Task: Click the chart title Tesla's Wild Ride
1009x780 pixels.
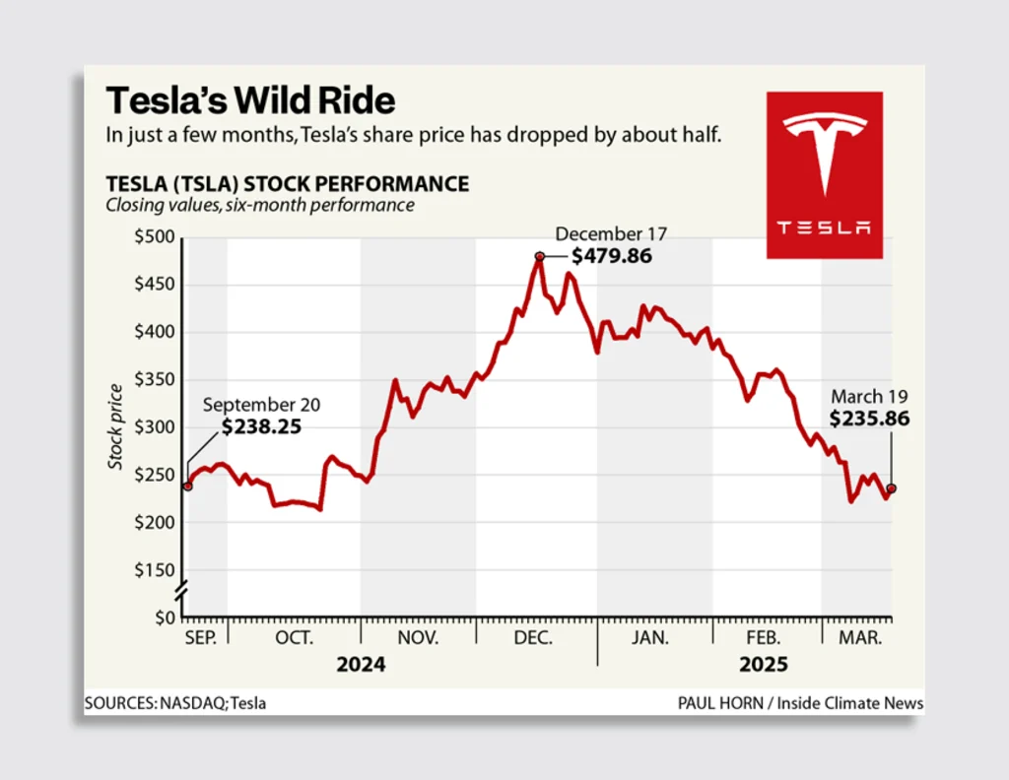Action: (x=250, y=100)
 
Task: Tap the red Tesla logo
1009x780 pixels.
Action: (x=825, y=175)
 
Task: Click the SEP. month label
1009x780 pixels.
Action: (x=200, y=638)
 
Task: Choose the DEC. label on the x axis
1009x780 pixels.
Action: (x=533, y=638)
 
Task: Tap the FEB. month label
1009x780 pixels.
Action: (x=765, y=638)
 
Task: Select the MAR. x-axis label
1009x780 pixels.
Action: (x=859, y=638)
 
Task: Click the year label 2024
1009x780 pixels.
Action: (x=361, y=665)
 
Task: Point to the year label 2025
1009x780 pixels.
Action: (x=764, y=665)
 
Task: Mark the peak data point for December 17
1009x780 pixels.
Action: (x=540, y=257)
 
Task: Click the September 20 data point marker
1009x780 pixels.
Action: (x=187, y=486)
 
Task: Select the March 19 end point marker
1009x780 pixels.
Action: (x=892, y=488)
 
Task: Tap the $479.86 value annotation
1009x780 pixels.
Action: (x=612, y=256)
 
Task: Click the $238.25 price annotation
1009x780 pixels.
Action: (x=261, y=427)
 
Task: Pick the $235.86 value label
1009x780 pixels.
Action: (x=869, y=419)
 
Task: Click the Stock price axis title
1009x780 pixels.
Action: (x=117, y=426)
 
